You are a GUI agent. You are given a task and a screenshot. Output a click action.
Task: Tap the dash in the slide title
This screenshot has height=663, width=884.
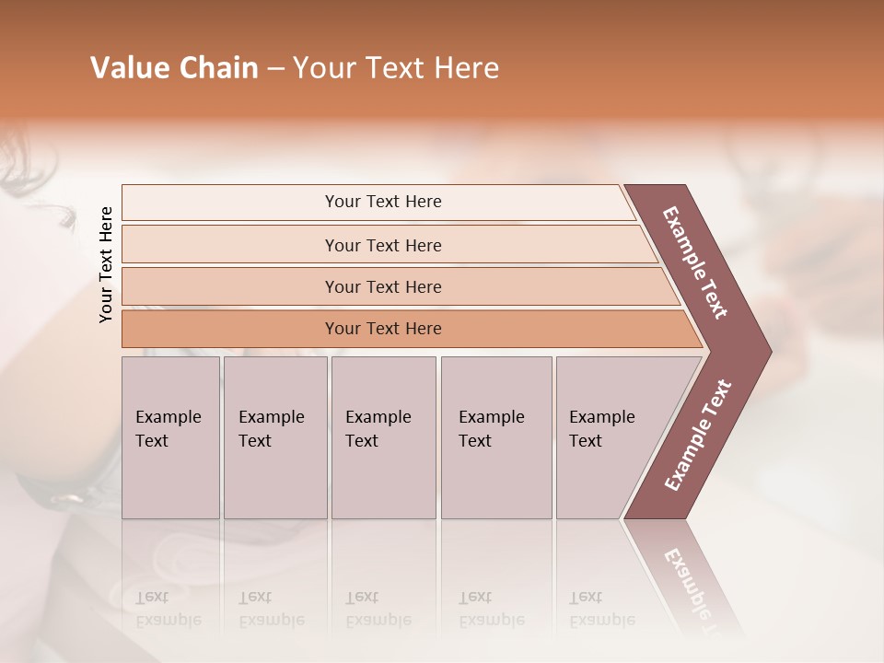(275, 69)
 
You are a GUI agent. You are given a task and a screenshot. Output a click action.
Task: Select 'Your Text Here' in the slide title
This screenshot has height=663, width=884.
(395, 68)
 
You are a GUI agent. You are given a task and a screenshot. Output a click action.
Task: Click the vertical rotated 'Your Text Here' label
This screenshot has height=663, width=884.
(106, 264)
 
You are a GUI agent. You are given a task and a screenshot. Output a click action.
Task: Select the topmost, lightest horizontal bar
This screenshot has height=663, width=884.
(382, 202)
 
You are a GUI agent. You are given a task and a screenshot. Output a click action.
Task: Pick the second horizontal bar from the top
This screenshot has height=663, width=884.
(382, 245)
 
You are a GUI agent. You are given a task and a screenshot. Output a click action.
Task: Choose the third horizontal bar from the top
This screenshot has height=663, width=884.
(382, 286)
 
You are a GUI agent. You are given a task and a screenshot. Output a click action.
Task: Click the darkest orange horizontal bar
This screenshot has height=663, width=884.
(382, 329)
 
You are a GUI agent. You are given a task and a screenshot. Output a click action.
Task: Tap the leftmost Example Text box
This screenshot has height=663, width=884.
(170, 436)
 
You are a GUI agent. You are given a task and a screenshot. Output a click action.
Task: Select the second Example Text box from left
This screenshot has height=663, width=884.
(274, 436)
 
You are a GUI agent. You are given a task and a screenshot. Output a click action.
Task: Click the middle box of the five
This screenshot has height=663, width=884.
(383, 436)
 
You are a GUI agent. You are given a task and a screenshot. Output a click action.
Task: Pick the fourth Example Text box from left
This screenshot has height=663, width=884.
(495, 436)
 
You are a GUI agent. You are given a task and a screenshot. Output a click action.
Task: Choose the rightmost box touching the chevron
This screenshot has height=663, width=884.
(608, 436)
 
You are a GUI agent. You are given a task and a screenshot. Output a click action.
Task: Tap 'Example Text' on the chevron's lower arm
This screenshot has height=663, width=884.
(697, 436)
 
